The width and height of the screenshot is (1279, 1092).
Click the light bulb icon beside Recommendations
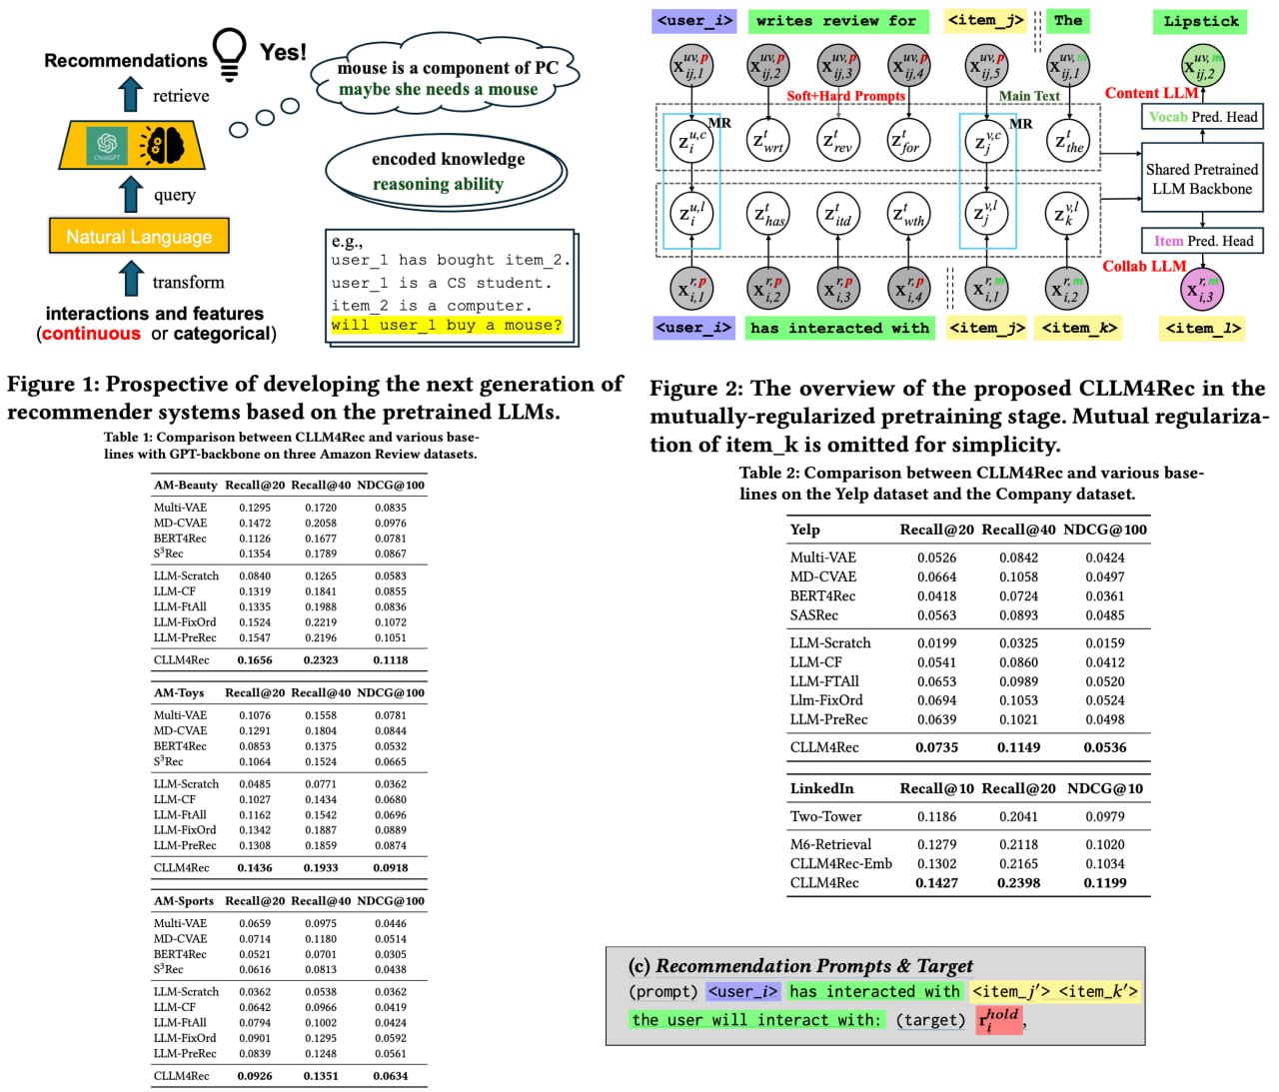click(230, 54)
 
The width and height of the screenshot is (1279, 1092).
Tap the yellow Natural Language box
click(139, 237)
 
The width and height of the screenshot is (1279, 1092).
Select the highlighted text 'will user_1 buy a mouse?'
click(447, 326)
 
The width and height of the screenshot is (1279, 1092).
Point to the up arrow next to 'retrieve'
click(131, 95)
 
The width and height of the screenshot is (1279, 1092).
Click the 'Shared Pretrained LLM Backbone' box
click(1201, 179)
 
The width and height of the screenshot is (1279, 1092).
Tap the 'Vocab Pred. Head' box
click(1202, 117)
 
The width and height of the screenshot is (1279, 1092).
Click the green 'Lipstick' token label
click(1200, 21)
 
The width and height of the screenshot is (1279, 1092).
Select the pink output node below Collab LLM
click(1202, 290)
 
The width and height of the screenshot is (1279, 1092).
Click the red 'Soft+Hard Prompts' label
click(845, 96)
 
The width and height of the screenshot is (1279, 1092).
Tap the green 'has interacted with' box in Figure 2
click(839, 328)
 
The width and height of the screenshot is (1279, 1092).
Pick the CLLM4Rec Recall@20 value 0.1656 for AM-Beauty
click(255, 659)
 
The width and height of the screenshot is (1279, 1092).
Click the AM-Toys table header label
click(179, 692)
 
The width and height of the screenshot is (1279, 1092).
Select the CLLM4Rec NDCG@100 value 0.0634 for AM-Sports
click(391, 1076)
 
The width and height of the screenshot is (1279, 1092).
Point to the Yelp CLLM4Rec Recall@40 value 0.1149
click(1018, 747)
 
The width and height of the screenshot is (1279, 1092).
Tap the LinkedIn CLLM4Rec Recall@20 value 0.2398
click(1018, 883)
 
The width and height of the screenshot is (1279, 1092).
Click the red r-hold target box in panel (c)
click(999, 1019)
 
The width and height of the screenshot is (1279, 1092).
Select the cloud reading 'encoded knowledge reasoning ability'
click(446, 171)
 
